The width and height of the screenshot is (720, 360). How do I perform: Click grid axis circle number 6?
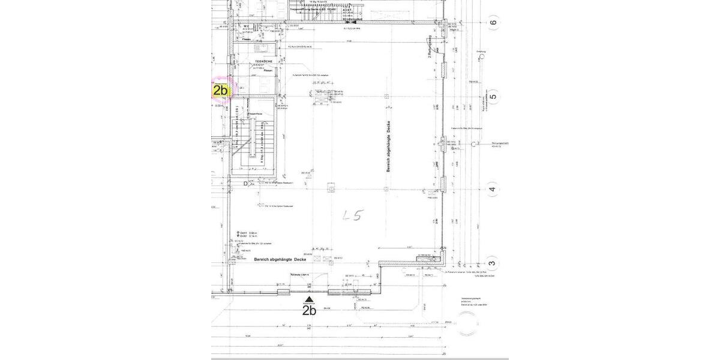tap(493, 23)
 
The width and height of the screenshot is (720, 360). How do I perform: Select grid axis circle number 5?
tap(493, 97)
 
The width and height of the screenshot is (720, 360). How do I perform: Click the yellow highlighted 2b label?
tap(220, 91)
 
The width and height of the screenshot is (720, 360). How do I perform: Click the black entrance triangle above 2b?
tap(309, 299)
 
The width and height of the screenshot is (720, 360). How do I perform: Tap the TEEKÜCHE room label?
tap(264, 62)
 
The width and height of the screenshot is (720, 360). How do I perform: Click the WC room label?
tap(246, 26)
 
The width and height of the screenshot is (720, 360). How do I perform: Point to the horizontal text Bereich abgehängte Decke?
tap(280, 259)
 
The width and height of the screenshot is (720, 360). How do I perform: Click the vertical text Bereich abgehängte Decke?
tap(389, 146)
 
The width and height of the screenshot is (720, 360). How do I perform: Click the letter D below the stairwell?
tap(245, 184)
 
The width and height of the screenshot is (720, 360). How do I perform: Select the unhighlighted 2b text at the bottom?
tap(309, 311)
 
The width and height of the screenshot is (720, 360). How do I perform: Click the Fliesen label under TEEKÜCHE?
tap(268, 71)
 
